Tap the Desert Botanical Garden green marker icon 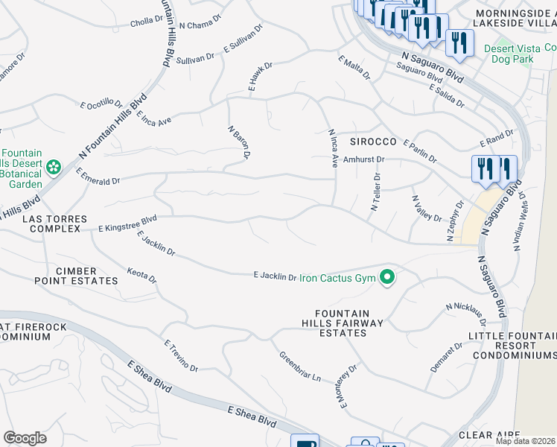coord(54,168)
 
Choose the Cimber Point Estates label coord(76,276)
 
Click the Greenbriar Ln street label coord(300,367)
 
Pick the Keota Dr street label coord(141,278)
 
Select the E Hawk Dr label coord(261,77)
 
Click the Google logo coord(25,438)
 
